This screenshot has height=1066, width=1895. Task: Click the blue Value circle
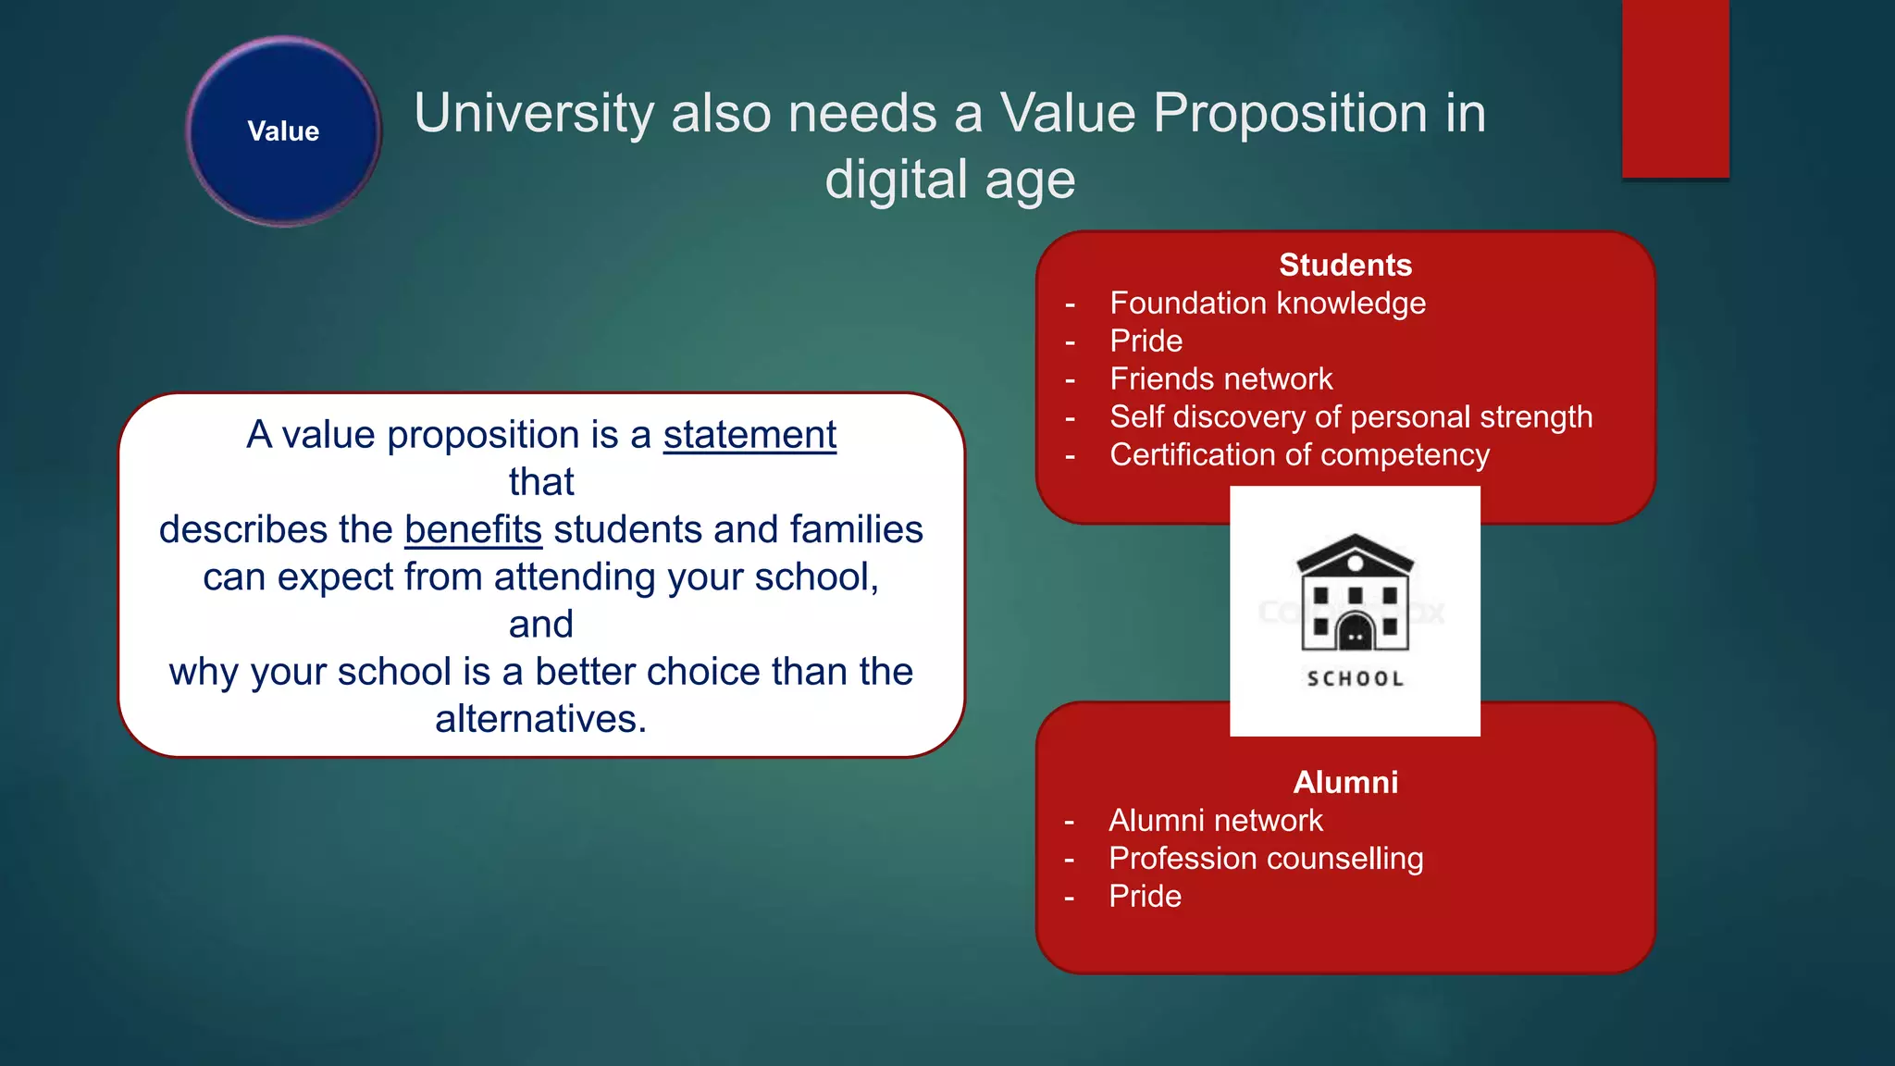pos(283,131)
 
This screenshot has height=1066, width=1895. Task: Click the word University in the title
pos(534,113)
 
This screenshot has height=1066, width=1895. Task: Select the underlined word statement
pos(749,435)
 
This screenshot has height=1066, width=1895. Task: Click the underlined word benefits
pos(473,529)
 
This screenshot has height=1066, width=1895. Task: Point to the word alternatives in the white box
pos(540,719)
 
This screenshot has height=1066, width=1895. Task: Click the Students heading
pos(1345,266)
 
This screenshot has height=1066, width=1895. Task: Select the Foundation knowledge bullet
pos(1267,304)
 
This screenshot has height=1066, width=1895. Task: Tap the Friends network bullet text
pos(1220,379)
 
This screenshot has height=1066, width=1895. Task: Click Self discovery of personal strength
pos(1350,417)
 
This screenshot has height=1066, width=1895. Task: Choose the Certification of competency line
pos(1299,455)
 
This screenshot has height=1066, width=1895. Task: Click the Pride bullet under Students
pos(1146,341)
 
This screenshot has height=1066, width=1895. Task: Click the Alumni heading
pos(1345,783)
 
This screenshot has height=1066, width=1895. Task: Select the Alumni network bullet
pos(1215,821)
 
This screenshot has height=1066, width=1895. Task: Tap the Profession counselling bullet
pos(1265,859)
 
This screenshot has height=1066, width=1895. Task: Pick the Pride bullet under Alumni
pos(1145,897)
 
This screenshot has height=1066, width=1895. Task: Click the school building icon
pos(1355,593)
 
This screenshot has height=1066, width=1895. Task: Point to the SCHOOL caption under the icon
pos(1355,679)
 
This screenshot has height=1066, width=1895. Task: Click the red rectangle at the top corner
pos(1675,88)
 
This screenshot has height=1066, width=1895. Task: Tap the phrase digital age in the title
pos(949,180)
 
